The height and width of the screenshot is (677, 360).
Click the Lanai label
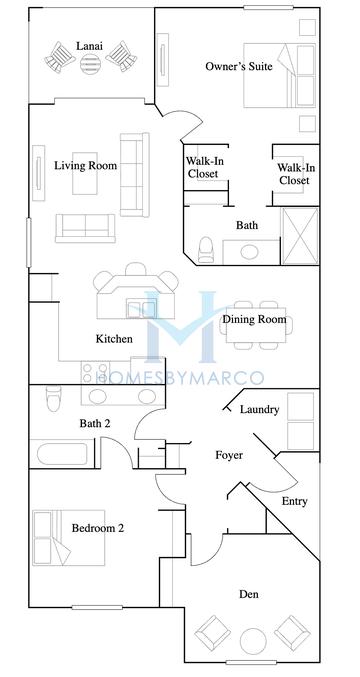86,45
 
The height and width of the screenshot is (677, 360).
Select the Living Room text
85,165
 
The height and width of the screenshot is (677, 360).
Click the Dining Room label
254,320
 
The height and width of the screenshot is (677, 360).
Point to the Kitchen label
114,339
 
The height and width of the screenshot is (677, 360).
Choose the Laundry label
259,409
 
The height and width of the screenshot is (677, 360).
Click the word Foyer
230,455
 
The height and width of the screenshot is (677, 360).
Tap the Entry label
295,501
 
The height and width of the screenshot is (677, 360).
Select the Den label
249,595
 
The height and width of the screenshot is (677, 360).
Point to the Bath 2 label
94,423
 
